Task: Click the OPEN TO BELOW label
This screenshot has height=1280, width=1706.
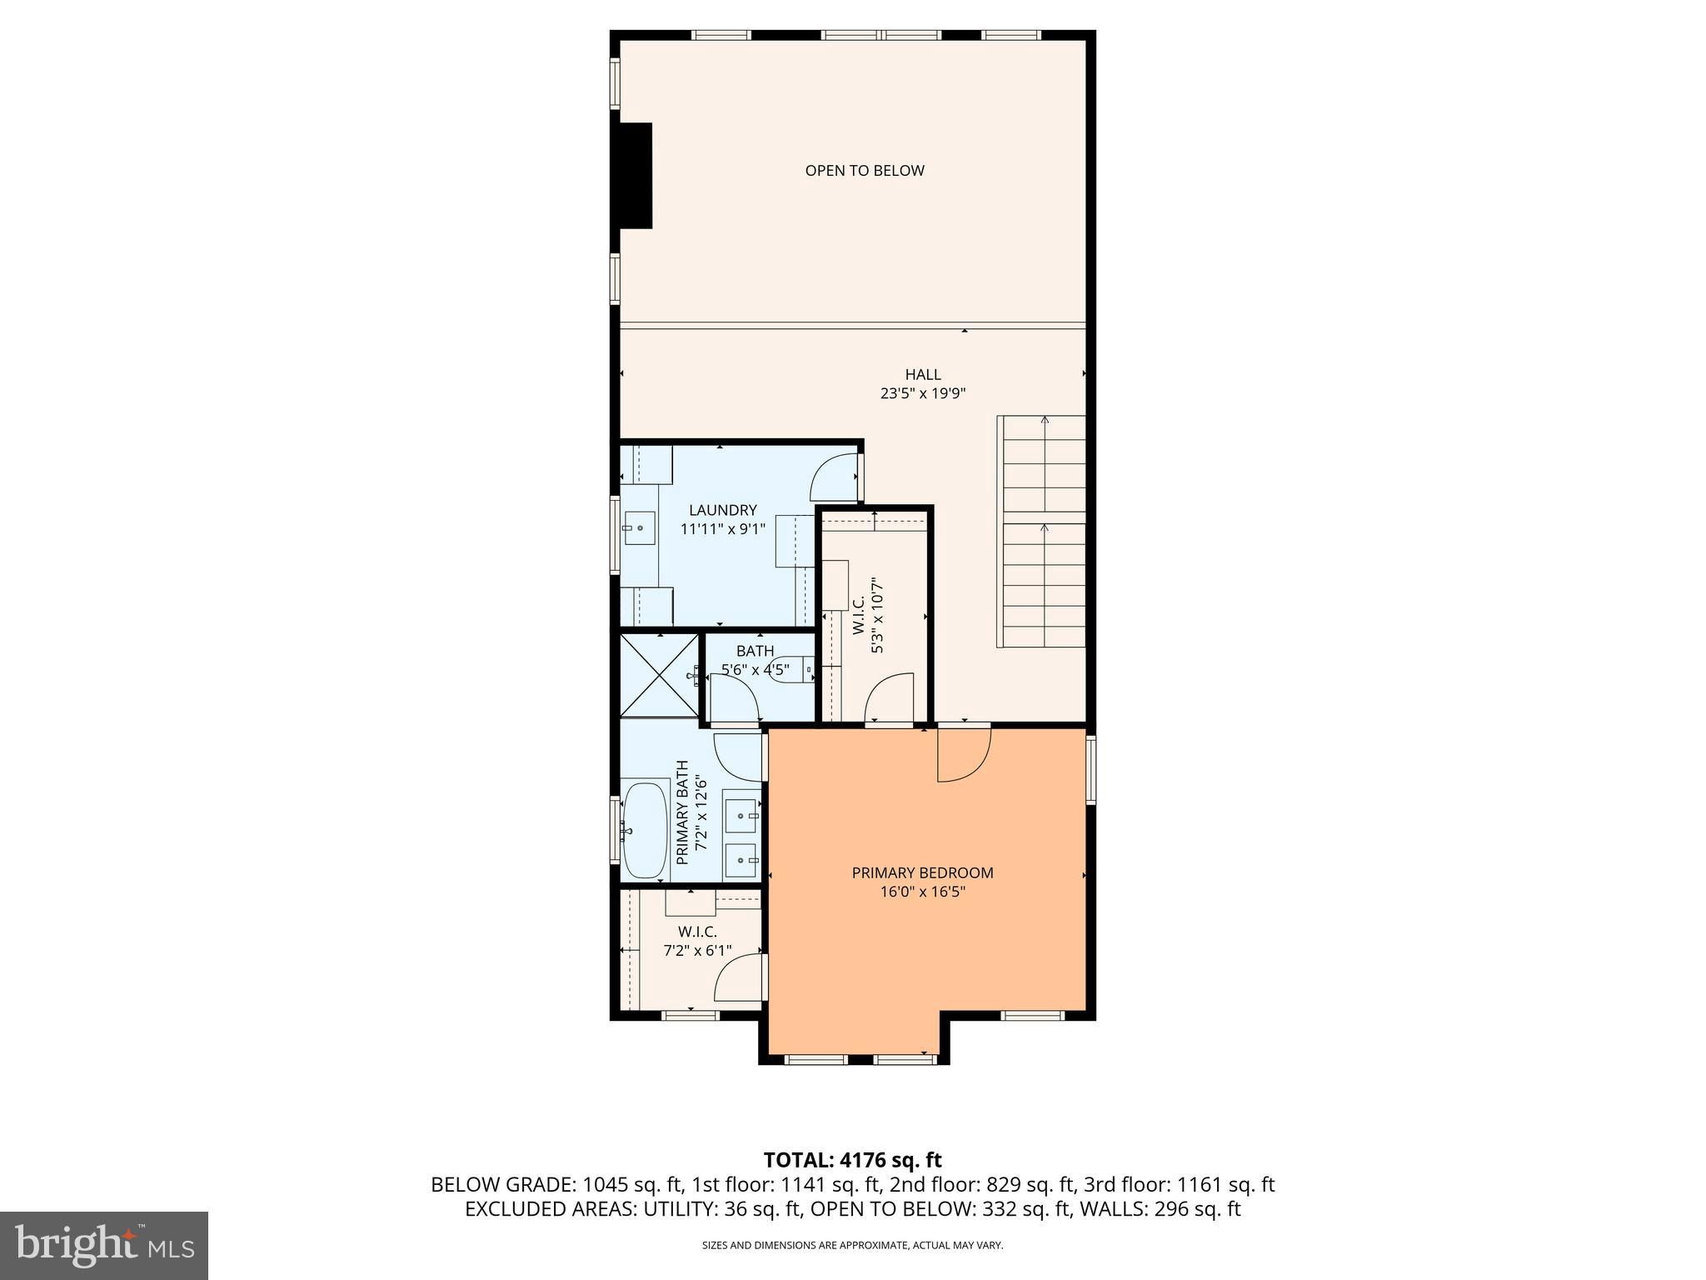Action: click(x=864, y=171)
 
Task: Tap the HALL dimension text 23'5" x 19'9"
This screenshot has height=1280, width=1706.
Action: click(x=922, y=394)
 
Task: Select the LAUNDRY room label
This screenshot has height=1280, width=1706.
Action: click(x=722, y=510)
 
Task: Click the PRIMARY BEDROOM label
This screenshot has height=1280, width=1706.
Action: click(x=922, y=872)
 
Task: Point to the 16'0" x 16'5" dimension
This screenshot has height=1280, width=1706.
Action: click(x=922, y=892)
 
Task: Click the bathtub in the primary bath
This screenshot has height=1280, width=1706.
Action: click(x=645, y=830)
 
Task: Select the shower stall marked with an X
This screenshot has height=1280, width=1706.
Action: click(x=660, y=675)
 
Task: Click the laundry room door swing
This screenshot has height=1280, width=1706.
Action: click(x=833, y=477)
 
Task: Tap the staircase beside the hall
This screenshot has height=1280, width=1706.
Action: click(x=1042, y=532)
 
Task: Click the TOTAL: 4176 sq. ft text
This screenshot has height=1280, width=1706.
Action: click(x=852, y=1160)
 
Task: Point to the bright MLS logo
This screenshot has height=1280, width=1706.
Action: click(x=104, y=1245)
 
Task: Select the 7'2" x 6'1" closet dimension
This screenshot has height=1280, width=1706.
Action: click(x=697, y=950)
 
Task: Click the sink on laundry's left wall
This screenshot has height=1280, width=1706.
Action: click(x=639, y=527)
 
